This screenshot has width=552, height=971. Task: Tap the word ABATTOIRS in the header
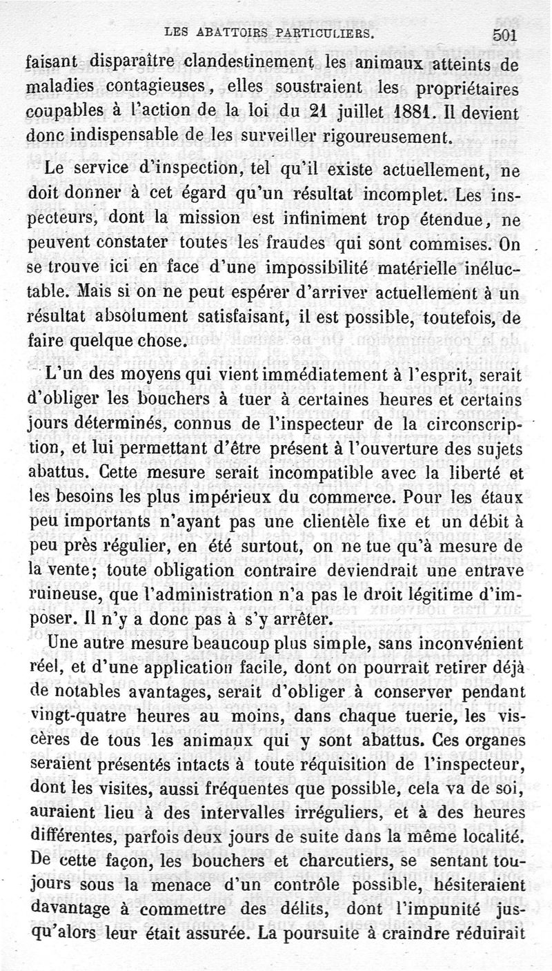[x=228, y=32]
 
